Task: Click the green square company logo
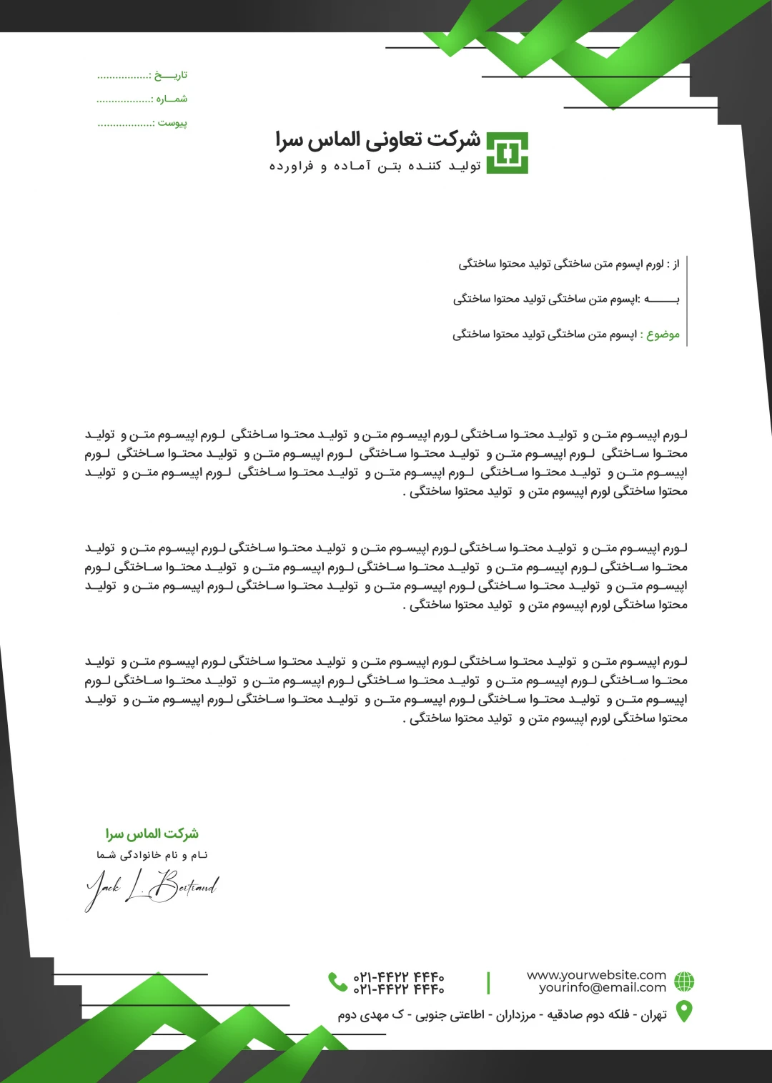pyautogui.click(x=507, y=153)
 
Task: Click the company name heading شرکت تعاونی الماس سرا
pyautogui.click(x=378, y=140)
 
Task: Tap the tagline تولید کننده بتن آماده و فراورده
pyautogui.click(x=375, y=167)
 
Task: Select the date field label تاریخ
pyautogui.click(x=172, y=75)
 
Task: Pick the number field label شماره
pyautogui.click(x=172, y=99)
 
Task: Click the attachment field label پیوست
pyautogui.click(x=173, y=123)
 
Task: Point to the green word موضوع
pyautogui.click(x=663, y=335)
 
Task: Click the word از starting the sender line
pyautogui.click(x=675, y=264)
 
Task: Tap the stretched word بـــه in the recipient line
pyautogui.click(x=662, y=300)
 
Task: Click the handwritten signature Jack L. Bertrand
pyautogui.click(x=152, y=887)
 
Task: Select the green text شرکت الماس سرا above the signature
pyautogui.click(x=152, y=834)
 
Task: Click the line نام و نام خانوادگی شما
pyautogui.click(x=152, y=855)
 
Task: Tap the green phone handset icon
pyautogui.click(x=337, y=981)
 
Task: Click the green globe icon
pyautogui.click(x=684, y=981)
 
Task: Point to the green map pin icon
pyautogui.click(x=684, y=1012)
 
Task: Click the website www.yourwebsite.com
pyautogui.click(x=596, y=975)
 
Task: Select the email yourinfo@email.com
pyautogui.click(x=602, y=988)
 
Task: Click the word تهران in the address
pyautogui.click(x=653, y=1015)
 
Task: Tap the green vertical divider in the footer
pyautogui.click(x=488, y=982)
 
